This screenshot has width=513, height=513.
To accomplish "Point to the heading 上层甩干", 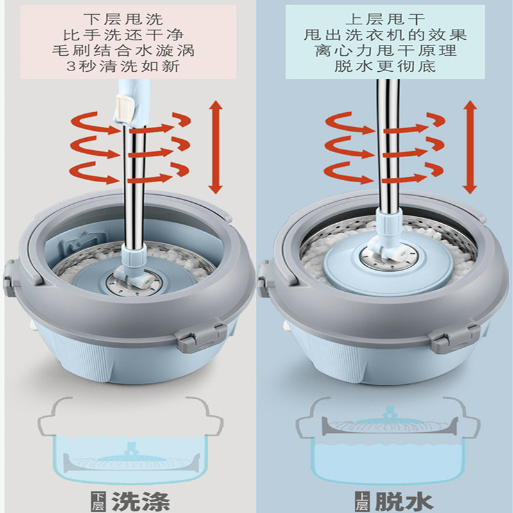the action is coord(381,17).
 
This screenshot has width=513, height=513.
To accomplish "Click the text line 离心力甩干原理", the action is coord(381,50).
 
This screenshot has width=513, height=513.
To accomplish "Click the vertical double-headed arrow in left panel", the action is coord(215,147).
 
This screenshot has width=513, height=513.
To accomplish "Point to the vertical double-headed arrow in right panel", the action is coord(471,147).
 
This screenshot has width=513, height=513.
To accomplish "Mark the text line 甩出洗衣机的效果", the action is coord(381,34).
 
